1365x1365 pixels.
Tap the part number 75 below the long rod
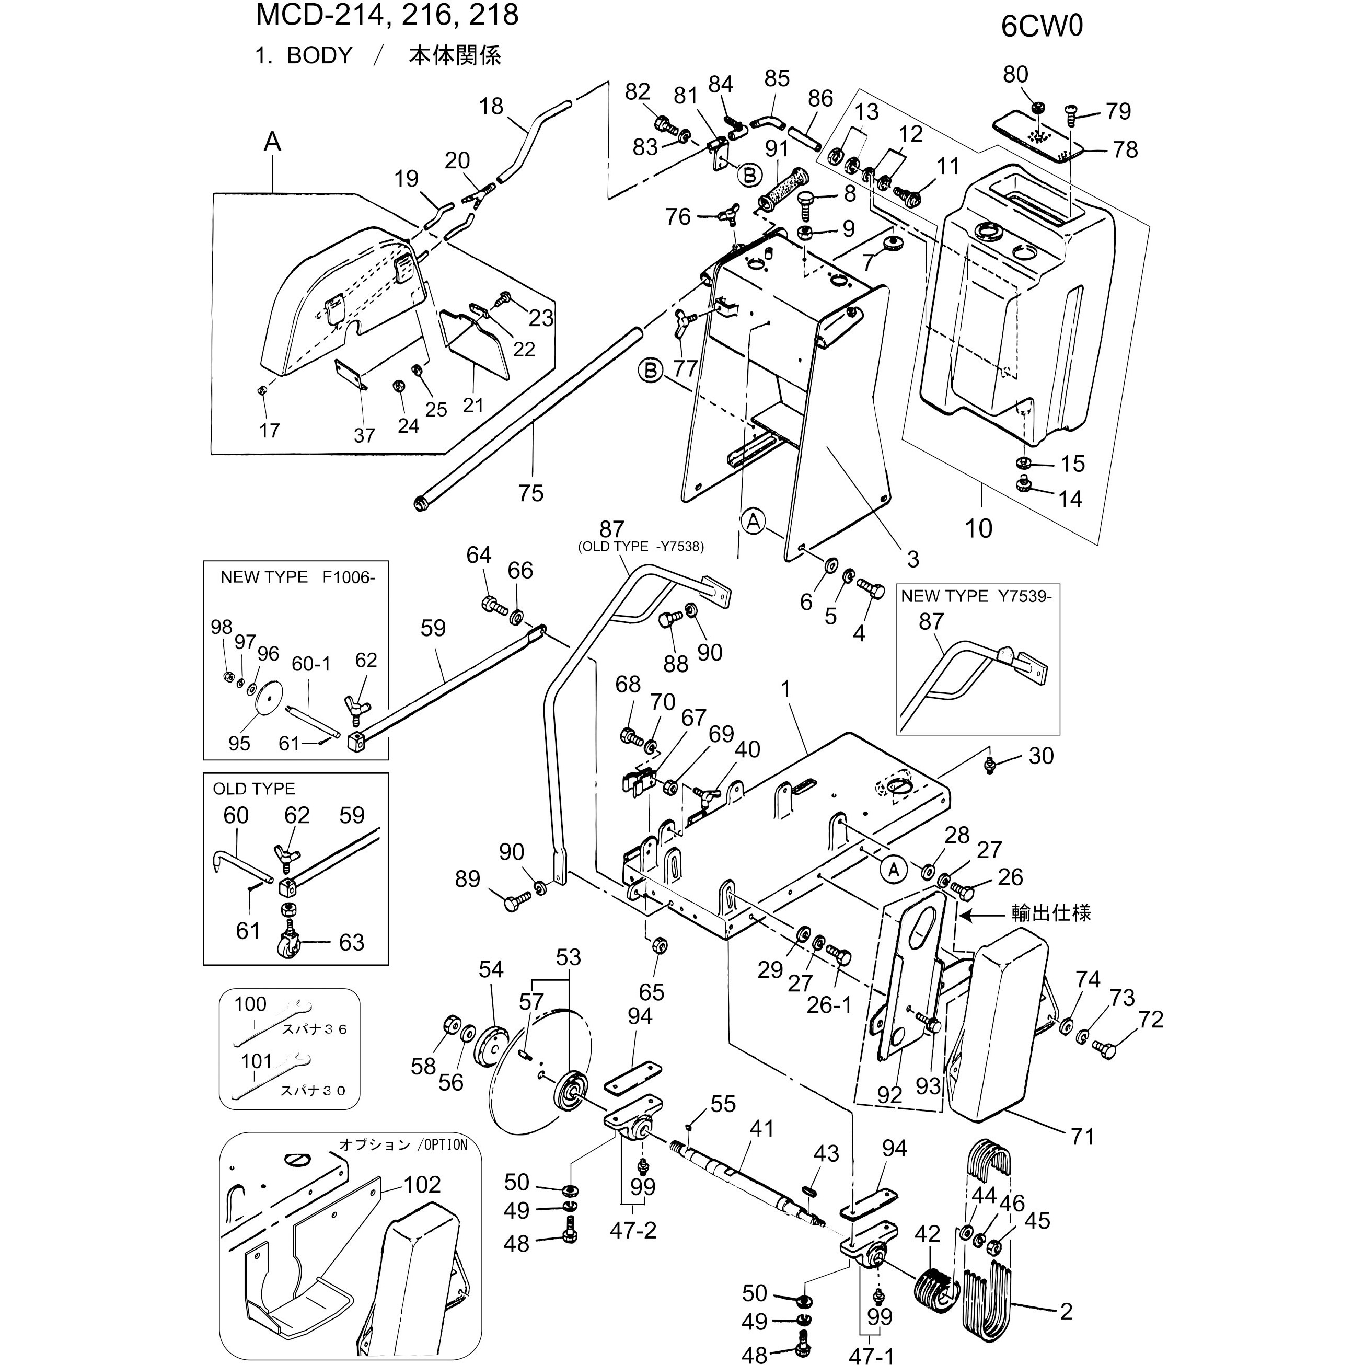530,493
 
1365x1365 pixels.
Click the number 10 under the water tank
978,528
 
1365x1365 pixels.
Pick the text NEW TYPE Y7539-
976,596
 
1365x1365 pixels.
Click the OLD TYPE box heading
253,789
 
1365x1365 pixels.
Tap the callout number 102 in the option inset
422,1185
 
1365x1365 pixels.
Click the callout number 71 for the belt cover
1082,1137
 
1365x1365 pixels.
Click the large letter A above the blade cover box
272,142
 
